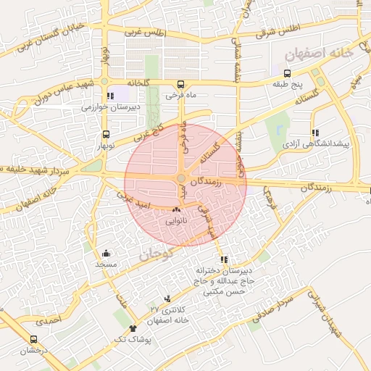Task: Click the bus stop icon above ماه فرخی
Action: [x=180, y=83]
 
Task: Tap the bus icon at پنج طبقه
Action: [x=287, y=73]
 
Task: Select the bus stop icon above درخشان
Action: [x=33, y=339]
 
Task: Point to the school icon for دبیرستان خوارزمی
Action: [x=109, y=96]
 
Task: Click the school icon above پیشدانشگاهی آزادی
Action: [x=314, y=133]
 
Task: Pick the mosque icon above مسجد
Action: [x=106, y=254]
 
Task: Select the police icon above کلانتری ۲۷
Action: [x=168, y=299]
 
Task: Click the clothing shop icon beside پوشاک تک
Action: [x=133, y=329]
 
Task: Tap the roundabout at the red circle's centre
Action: [x=181, y=178]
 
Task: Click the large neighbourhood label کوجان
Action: [x=155, y=254]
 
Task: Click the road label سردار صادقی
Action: [x=277, y=308]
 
